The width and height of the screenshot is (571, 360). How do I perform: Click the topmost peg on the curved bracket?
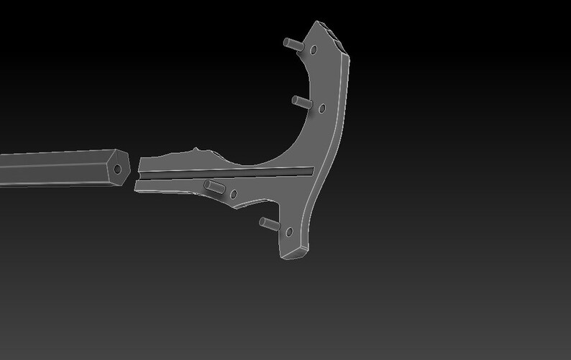292,44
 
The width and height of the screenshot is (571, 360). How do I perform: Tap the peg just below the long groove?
213,188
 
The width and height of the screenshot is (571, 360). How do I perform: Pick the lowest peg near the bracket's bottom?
268,223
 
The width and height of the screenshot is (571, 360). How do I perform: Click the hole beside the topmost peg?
314,50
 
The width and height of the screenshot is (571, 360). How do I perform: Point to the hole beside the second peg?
321,109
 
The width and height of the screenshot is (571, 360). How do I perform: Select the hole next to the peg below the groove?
233,194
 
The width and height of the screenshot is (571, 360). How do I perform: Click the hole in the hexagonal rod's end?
119,169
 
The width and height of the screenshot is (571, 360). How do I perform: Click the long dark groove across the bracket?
230,173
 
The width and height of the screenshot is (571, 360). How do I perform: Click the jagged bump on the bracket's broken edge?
195,151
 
